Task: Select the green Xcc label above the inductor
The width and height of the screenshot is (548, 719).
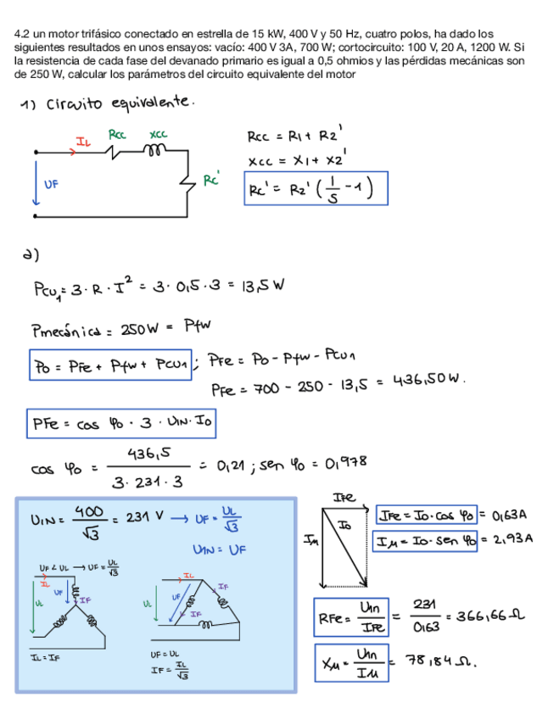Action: pos(158,135)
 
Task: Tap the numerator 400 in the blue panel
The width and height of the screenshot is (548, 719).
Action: pos(90,511)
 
